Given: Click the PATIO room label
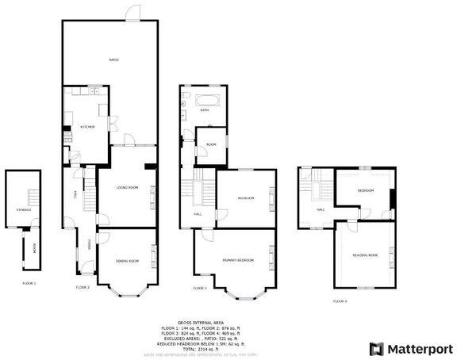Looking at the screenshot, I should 114,60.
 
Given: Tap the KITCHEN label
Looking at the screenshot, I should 87,127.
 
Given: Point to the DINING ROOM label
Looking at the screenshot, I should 127,261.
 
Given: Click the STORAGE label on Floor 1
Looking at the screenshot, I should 23,209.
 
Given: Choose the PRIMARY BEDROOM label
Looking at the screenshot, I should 237,260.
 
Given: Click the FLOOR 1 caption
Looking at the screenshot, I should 29,283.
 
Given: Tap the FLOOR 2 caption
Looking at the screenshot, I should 83,287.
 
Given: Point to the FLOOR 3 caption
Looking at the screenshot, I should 200,288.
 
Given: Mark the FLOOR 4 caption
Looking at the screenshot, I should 340,301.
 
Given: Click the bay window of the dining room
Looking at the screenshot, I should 127,291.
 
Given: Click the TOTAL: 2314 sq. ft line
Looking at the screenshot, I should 195,348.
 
